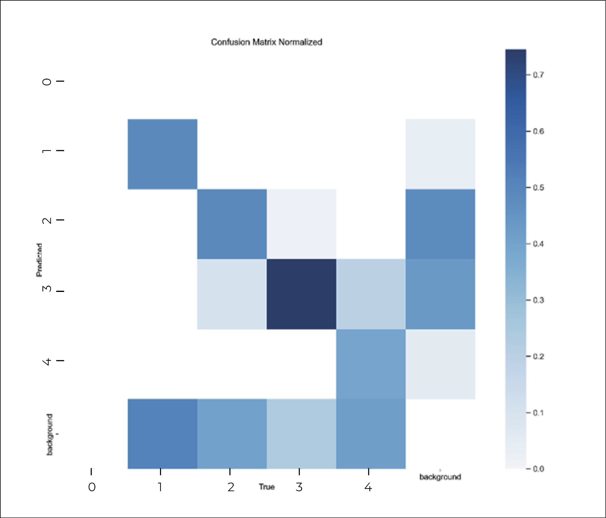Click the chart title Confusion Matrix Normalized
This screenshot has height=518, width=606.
pos(266,42)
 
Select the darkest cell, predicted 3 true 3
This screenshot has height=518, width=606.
pos(301,294)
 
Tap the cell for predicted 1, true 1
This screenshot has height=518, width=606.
pos(162,154)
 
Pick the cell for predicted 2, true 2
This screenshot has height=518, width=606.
pos(232,224)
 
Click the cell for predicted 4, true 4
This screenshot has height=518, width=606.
pos(371,364)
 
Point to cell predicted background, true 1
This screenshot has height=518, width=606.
pos(162,434)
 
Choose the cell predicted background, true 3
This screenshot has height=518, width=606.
pos(301,434)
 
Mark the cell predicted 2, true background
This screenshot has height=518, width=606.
pos(440,224)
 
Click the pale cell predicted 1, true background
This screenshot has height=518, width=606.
pos(440,154)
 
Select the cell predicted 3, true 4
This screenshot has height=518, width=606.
pos(371,294)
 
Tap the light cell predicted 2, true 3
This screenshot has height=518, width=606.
pos(301,224)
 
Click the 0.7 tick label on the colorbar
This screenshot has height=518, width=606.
pos(538,75)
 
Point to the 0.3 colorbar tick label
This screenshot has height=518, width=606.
pos(538,300)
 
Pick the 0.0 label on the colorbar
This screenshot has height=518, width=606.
pos(538,469)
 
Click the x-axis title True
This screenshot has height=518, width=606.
pos(266,487)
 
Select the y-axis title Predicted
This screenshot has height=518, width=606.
pos(39,260)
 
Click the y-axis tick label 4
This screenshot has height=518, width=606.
pos(47,362)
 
